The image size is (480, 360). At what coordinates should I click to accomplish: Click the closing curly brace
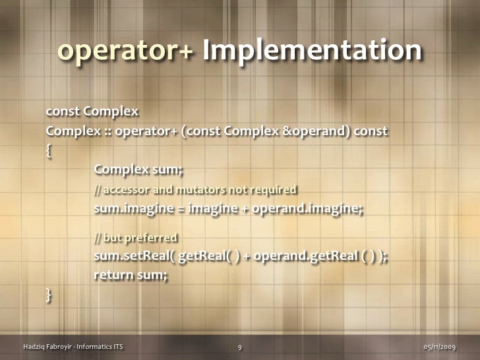click(49, 295)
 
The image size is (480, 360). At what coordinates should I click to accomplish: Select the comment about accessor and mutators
click(195, 191)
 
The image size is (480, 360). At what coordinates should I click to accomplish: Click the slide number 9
click(240, 347)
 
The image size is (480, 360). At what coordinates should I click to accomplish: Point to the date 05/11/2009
click(439, 347)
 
